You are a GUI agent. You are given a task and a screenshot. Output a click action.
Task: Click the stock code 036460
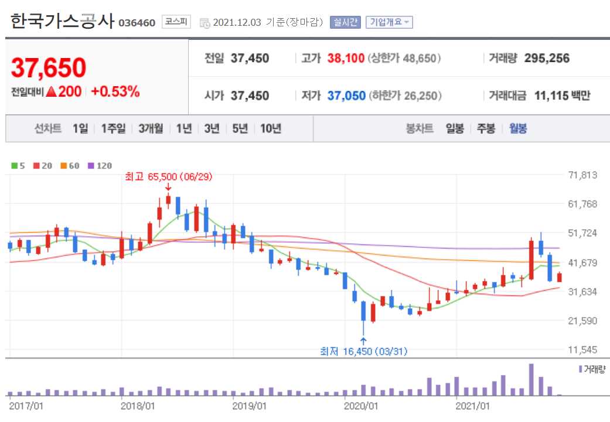[137, 23]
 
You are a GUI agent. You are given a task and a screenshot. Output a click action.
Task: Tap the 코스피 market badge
[176, 22]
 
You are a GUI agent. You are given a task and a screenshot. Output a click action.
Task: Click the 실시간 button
[345, 22]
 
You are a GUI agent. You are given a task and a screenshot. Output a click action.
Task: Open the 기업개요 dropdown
[389, 22]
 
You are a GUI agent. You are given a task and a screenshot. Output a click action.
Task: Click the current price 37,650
[49, 68]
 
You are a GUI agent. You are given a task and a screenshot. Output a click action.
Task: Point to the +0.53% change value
[115, 91]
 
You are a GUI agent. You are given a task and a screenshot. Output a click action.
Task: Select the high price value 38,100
[346, 58]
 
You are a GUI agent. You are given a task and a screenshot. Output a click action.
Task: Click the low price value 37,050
[346, 96]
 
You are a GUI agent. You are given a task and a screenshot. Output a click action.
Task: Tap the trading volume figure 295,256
[547, 58]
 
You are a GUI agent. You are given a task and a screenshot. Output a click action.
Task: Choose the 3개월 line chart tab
[151, 129]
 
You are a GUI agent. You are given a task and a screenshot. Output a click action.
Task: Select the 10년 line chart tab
[271, 129]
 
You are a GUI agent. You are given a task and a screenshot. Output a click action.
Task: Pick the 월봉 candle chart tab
[518, 129]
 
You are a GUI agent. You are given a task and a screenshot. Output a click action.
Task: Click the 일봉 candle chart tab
[455, 129]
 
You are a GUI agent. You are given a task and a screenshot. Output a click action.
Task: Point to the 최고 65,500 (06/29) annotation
[168, 176]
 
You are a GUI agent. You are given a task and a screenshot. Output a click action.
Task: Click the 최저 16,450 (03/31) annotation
[363, 351]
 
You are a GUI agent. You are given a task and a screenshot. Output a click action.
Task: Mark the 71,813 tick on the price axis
[582, 175]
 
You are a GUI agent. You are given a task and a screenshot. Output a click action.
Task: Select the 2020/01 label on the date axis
[359, 405]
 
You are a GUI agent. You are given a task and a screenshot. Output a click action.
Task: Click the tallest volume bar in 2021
[531, 379]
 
